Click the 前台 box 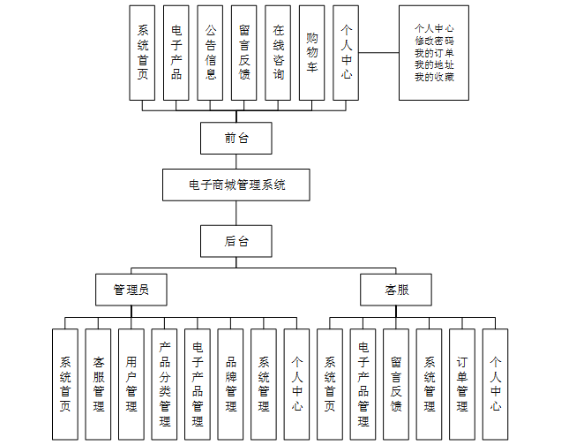pyautogui.click(x=236, y=139)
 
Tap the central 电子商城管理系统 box pyautogui.click(x=236, y=185)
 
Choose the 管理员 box pyautogui.click(x=131, y=290)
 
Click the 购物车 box pyautogui.click(x=311, y=52)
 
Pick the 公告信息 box pyautogui.click(x=211, y=52)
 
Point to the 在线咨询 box pyautogui.click(x=278, y=52)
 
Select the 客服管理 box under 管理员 pyautogui.click(x=98, y=384)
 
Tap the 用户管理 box pyautogui.click(x=131, y=384)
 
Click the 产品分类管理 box pyautogui.click(x=165, y=384)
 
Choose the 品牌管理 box pyautogui.click(x=231, y=384)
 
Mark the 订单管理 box pyautogui.click(x=462, y=384)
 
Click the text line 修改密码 pyautogui.click(x=434, y=41)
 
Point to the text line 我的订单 pyautogui.click(x=434, y=53)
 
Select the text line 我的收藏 pyautogui.click(x=434, y=77)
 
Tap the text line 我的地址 pyautogui.click(x=434, y=64)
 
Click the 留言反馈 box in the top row pyautogui.click(x=244, y=52)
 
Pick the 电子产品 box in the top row pyautogui.click(x=177, y=52)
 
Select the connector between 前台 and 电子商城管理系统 pyautogui.click(x=236, y=162)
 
